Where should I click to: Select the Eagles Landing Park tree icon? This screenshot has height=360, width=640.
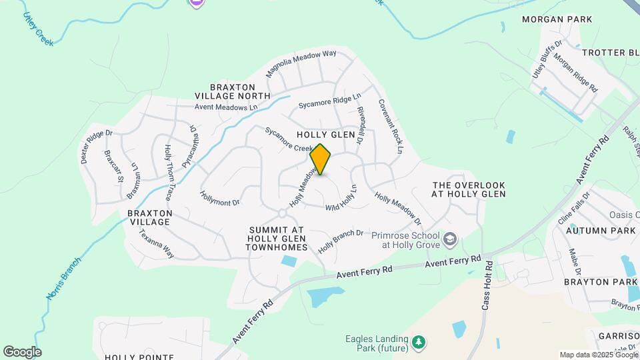419,343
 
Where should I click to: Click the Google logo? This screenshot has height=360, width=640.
22,351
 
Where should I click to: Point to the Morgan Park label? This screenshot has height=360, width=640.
557,19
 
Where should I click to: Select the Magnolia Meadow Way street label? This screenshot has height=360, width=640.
301,63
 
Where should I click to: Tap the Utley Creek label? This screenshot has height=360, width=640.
38,27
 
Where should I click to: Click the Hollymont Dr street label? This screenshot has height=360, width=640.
219,197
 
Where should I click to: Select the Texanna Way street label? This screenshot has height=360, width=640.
156,244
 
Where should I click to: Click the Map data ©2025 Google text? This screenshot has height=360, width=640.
597,355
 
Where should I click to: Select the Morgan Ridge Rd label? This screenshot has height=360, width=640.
575,73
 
